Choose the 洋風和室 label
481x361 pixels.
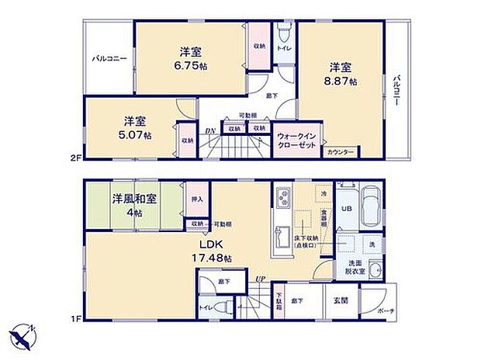(134, 199)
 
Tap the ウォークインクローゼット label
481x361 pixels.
(296, 141)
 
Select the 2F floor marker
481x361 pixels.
(76, 158)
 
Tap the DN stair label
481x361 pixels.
(209, 131)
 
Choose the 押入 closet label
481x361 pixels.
(196, 199)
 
